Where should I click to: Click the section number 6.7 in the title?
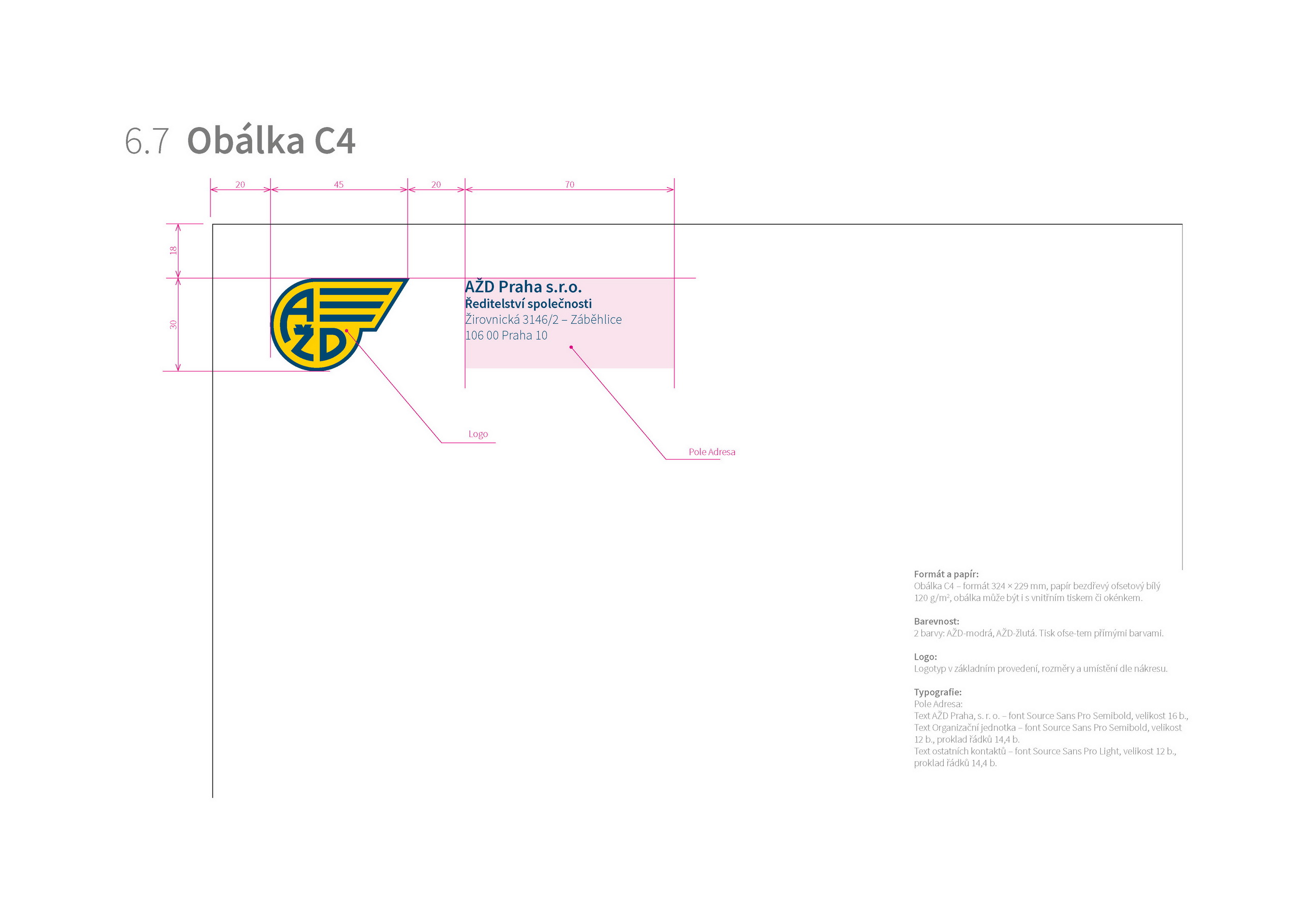pos(147,141)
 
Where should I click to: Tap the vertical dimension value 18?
pos(173,250)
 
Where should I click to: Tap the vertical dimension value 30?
pos(173,325)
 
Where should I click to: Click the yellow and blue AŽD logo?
pos(339,324)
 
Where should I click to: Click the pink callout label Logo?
pos(478,434)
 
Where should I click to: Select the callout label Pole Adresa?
pos(711,452)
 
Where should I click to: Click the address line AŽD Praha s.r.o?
pos(523,287)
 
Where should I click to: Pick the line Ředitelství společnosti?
pos(528,304)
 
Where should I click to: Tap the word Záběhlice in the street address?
pos(596,320)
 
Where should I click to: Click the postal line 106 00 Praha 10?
pos(506,335)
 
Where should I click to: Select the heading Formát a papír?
pos(946,574)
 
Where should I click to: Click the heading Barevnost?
pos(937,621)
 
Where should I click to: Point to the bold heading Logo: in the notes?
pos(925,657)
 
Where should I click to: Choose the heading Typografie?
pos(938,692)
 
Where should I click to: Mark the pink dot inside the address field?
pos(571,348)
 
